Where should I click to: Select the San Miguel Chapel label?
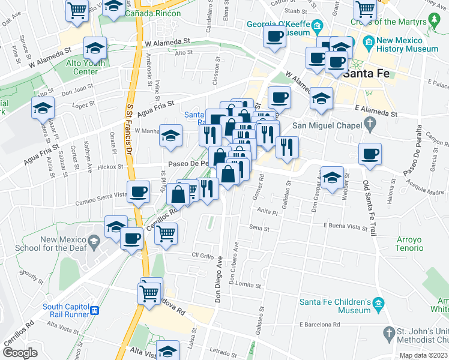tap(328, 126)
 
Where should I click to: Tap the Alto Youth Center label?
tap(85, 67)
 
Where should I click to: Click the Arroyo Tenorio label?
tap(409, 243)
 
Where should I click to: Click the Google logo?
tap(20, 353)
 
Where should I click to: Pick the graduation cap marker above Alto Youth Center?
tap(95, 47)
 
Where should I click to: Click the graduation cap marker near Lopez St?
tap(43, 108)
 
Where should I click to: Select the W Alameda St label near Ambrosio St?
tap(167, 42)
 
